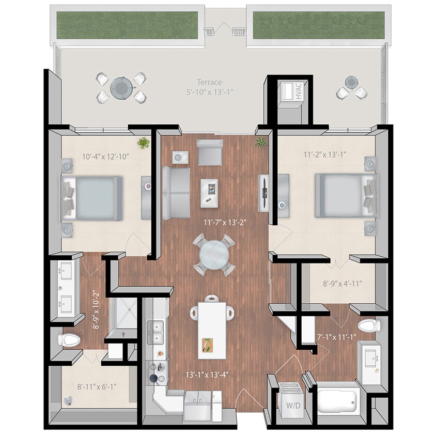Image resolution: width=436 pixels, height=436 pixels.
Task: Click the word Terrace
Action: pos(209,82)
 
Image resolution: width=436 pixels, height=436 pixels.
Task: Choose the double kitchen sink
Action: pos(157,331)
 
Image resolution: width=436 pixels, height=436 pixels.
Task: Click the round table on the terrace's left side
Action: pos(122,87)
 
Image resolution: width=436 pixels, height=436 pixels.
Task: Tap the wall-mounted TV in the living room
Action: pos(264,192)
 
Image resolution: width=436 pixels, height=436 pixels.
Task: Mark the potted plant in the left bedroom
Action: pos(143,142)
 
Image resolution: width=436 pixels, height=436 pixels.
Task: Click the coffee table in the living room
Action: pos(209,191)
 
